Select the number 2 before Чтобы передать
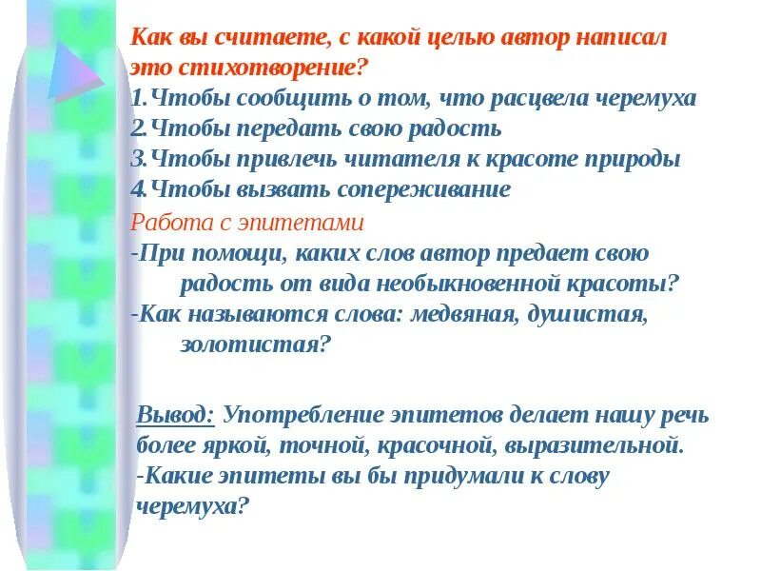[x=136, y=128]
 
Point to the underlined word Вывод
[x=176, y=415]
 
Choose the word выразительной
[x=587, y=444]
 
